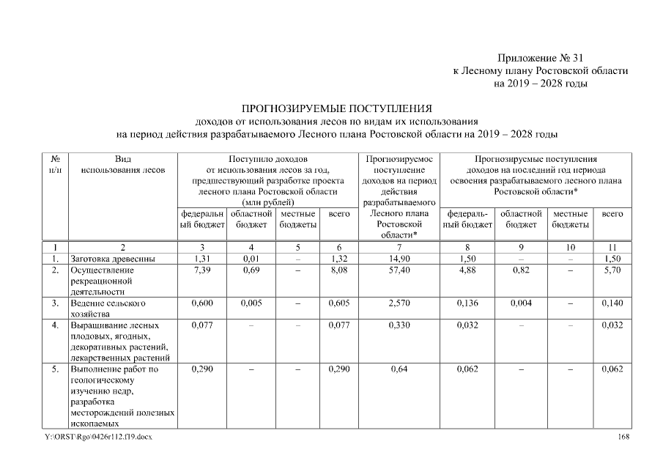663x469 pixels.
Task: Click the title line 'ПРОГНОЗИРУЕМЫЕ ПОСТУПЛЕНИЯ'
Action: (x=336, y=108)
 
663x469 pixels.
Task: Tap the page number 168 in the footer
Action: (x=623, y=437)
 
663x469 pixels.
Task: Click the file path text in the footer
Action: (x=99, y=437)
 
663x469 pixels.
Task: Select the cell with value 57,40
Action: (x=399, y=270)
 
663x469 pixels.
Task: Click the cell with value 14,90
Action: (x=399, y=259)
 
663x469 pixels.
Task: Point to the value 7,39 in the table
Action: (x=201, y=270)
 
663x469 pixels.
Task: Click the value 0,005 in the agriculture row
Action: (x=251, y=303)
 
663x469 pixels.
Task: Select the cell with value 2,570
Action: (x=399, y=303)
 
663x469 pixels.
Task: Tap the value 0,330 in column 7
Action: (x=399, y=325)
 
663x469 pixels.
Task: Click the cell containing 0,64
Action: (x=399, y=369)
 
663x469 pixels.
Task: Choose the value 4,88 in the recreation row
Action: (x=467, y=270)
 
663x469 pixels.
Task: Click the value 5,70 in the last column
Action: (x=612, y=270)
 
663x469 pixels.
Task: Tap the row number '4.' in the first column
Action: (x=56, y=325)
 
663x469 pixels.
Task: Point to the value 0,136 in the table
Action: (x=467, y=303)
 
